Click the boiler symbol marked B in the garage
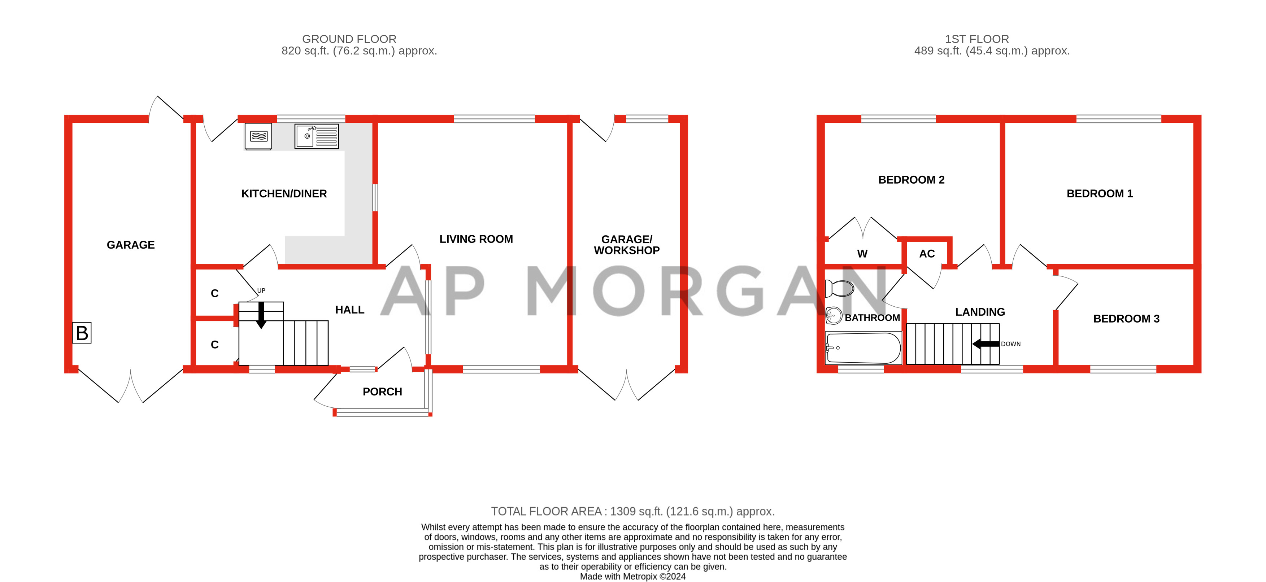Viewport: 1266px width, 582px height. (x=82, y=333)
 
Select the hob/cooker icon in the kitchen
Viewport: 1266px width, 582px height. (x=258, y=136)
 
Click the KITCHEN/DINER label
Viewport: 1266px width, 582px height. (x=284, y=193)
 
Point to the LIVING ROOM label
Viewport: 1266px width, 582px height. (x=476, y=239)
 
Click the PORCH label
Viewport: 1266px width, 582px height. (x=382, y=391)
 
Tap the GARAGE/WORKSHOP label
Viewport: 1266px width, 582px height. (x=627, y=245)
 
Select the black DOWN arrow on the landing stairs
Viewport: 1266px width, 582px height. (x=986, y=344)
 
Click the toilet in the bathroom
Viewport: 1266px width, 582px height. (x=839, y=288)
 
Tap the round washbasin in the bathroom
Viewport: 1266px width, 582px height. (x=834, y=316)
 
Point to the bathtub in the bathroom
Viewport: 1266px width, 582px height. (x=863, y=348)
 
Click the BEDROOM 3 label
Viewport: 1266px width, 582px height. (x=1126, y=319)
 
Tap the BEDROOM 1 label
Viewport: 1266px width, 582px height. (x=1099, y=193)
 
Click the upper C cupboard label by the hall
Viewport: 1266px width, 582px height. (x=215, y=294)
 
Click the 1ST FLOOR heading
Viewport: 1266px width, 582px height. (x=976, y=39)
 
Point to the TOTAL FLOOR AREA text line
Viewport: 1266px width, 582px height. (x=632, y=511)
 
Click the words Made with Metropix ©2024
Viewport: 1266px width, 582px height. (x=632, y=577)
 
